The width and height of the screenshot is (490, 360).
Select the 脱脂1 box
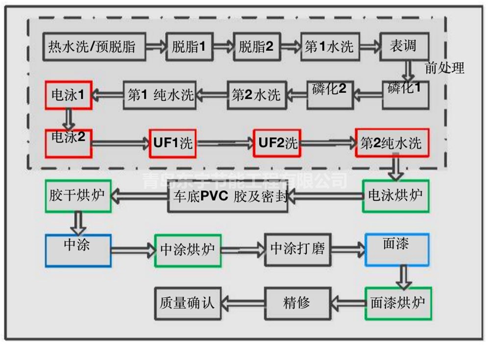(189, 47)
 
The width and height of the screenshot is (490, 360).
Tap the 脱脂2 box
(256, 47)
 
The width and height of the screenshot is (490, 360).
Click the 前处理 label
(444, 68)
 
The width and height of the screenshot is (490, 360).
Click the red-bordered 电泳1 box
(68, 94)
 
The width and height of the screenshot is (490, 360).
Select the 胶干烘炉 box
(78, 195)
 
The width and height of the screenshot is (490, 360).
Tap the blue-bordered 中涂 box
(78, 250)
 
